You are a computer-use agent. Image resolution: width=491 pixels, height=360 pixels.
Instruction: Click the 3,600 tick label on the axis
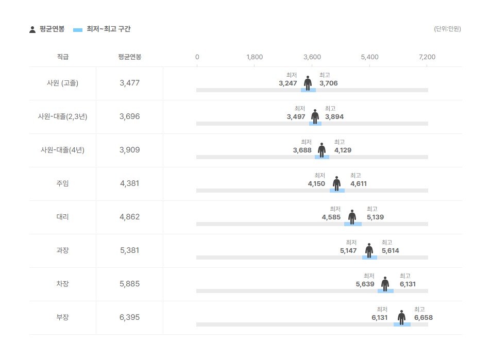[312, 57]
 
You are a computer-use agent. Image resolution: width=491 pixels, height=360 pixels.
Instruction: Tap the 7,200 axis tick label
[427, 57]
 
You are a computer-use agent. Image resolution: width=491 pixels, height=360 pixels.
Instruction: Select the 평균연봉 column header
[129, 57]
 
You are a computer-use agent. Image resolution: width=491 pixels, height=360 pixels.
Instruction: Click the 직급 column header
[63, 57]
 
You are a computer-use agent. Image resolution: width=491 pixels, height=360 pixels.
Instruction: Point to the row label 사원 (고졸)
[62, 83]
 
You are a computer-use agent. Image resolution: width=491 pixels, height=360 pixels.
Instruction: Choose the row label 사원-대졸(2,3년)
[62, 116]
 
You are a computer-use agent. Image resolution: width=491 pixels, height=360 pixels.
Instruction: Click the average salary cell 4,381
[129, 183]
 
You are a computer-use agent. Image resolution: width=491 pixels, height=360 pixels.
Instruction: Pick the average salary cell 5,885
[129, 284]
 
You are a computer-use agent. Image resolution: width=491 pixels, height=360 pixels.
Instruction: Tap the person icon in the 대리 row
[352, 217]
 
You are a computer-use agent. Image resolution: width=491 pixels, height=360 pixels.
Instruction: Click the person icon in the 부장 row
[401, 317]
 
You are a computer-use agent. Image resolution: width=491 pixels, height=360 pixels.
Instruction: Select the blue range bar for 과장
[369, 258]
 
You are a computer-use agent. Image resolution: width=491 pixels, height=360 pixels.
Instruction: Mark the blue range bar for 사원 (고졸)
[308, 90]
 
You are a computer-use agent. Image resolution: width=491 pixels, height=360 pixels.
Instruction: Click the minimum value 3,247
[287, 83]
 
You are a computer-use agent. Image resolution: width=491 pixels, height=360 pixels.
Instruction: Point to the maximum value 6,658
[424, 318]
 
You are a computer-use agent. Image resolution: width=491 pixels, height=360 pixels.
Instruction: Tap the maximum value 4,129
[343, 150]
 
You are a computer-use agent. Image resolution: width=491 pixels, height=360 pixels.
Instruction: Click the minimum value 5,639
[365, 284]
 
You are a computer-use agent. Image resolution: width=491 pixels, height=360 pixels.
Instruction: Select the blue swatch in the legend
[78, 30]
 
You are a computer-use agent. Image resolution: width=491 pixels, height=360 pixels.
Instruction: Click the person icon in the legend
[32, 29]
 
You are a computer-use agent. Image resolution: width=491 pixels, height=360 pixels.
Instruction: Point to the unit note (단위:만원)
[447, 29]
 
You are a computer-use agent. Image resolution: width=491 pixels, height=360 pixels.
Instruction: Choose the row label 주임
[62, 183]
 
